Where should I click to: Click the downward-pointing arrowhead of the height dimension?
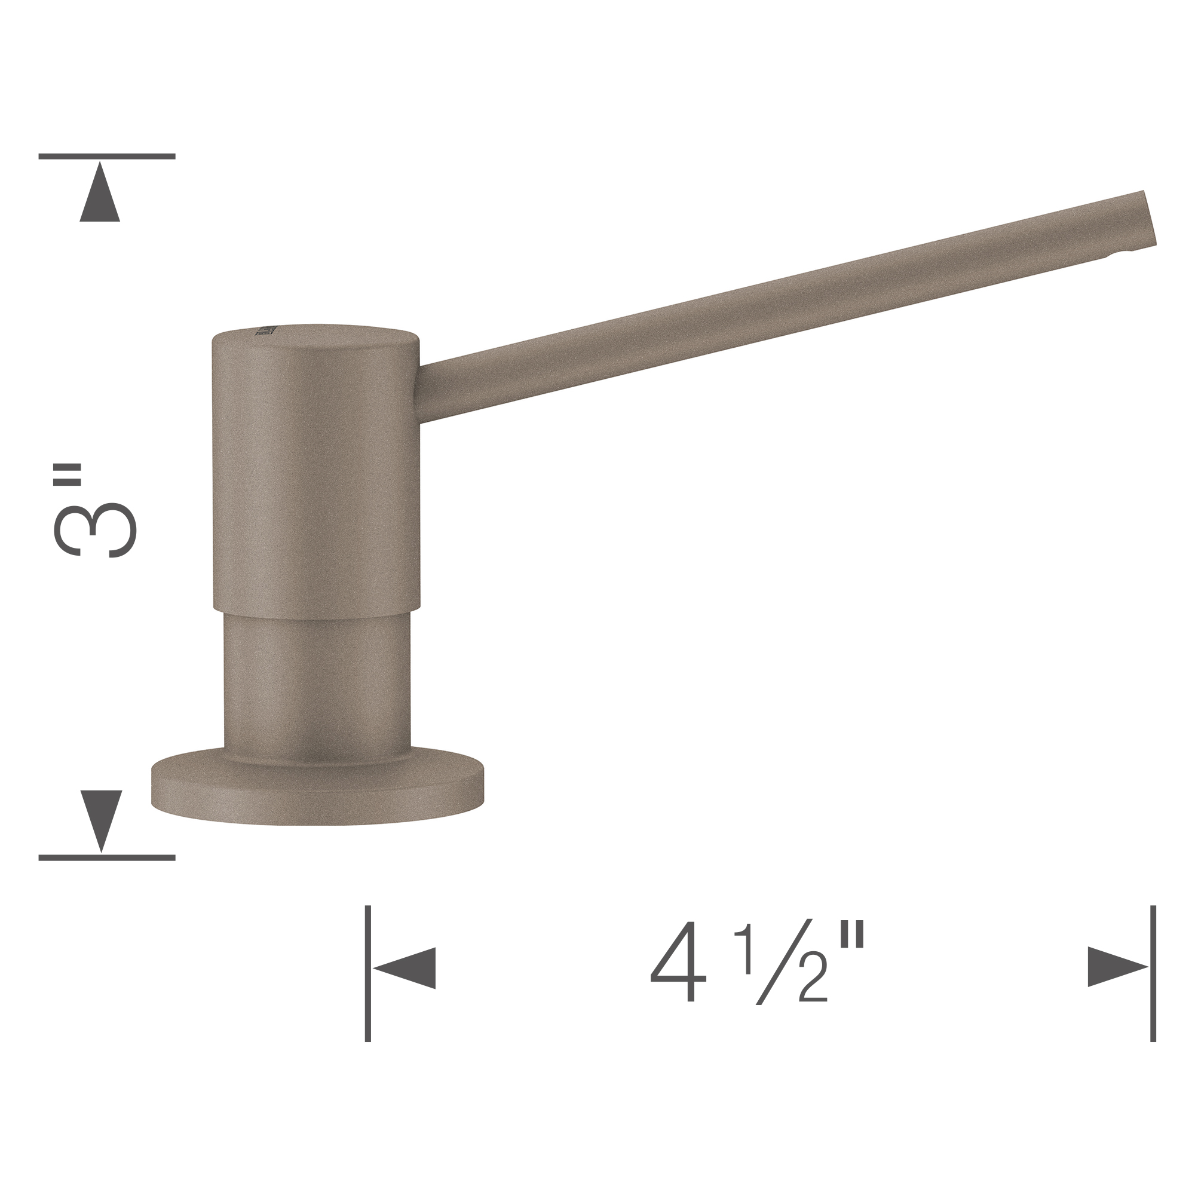coord(102,820)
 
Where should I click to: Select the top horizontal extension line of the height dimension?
coord(106,157)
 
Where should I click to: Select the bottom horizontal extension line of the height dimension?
coord(106,858)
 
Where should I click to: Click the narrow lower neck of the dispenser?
coord(317,681)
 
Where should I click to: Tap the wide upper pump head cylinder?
coord(316,470)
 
